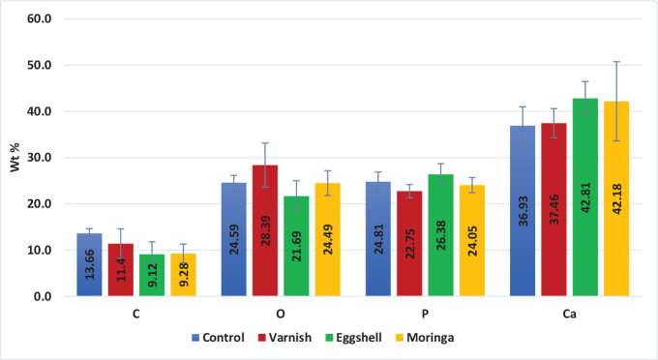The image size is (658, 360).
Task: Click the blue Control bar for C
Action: pyautogui.click(x=89, y=265)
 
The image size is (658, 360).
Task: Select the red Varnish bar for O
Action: pyautogui.click(x=265, y=230)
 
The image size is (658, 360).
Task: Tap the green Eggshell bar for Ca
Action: pyautogui.click(x=585, y=197)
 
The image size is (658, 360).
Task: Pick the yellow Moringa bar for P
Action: pyautogui.click(x=472, y=241)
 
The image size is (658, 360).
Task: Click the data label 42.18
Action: pyautogui.click(x=617, y=199)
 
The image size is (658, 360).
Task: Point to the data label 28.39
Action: pyautogui.click(x=265, y=230)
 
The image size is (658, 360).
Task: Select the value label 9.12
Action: pyautogui.click(x=152, y=275)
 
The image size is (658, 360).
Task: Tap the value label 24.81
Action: pyautogui.click(x=378, y=239)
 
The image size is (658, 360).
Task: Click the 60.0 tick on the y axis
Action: pyautogui.click(x=40, y=19)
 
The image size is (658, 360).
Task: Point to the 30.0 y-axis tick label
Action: pyautogui.click(x=40, y=158)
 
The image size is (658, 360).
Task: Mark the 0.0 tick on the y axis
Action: pyautogui.click(x=43, y=297)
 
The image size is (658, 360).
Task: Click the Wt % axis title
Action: pyautogui.click(x=15, y=158)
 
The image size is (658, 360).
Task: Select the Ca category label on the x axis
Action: pyautogui.click(x=569, y=315)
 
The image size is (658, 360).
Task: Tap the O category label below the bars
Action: pyautogui.click(x=281, y=315)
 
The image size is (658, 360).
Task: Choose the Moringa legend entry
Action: pyautogui.click(x=425, y=338)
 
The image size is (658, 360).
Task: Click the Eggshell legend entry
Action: pyautogui.click(x=353, y=338)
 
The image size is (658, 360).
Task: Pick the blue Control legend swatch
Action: pyautogui.click(x=195, y=338)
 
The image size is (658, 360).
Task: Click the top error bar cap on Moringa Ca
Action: pyautogui.click(x=616, y=62)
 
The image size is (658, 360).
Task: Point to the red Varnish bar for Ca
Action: pyautogui.click(x=553, y=210)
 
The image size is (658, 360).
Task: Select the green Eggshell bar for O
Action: pyautogui.click(x=296, y=247)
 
